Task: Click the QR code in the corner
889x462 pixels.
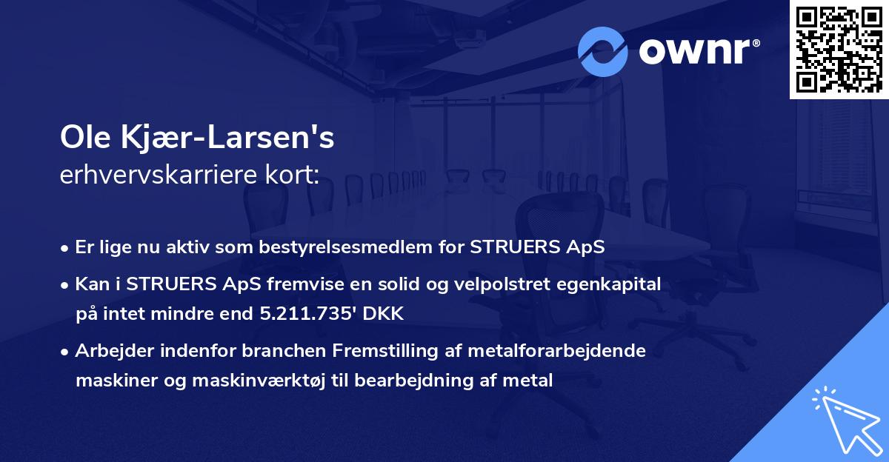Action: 839,49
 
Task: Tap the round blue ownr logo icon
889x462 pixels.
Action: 603,52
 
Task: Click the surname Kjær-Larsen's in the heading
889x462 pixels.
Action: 230,138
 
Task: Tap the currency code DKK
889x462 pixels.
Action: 384,314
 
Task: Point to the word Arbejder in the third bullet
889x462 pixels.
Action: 107,351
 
